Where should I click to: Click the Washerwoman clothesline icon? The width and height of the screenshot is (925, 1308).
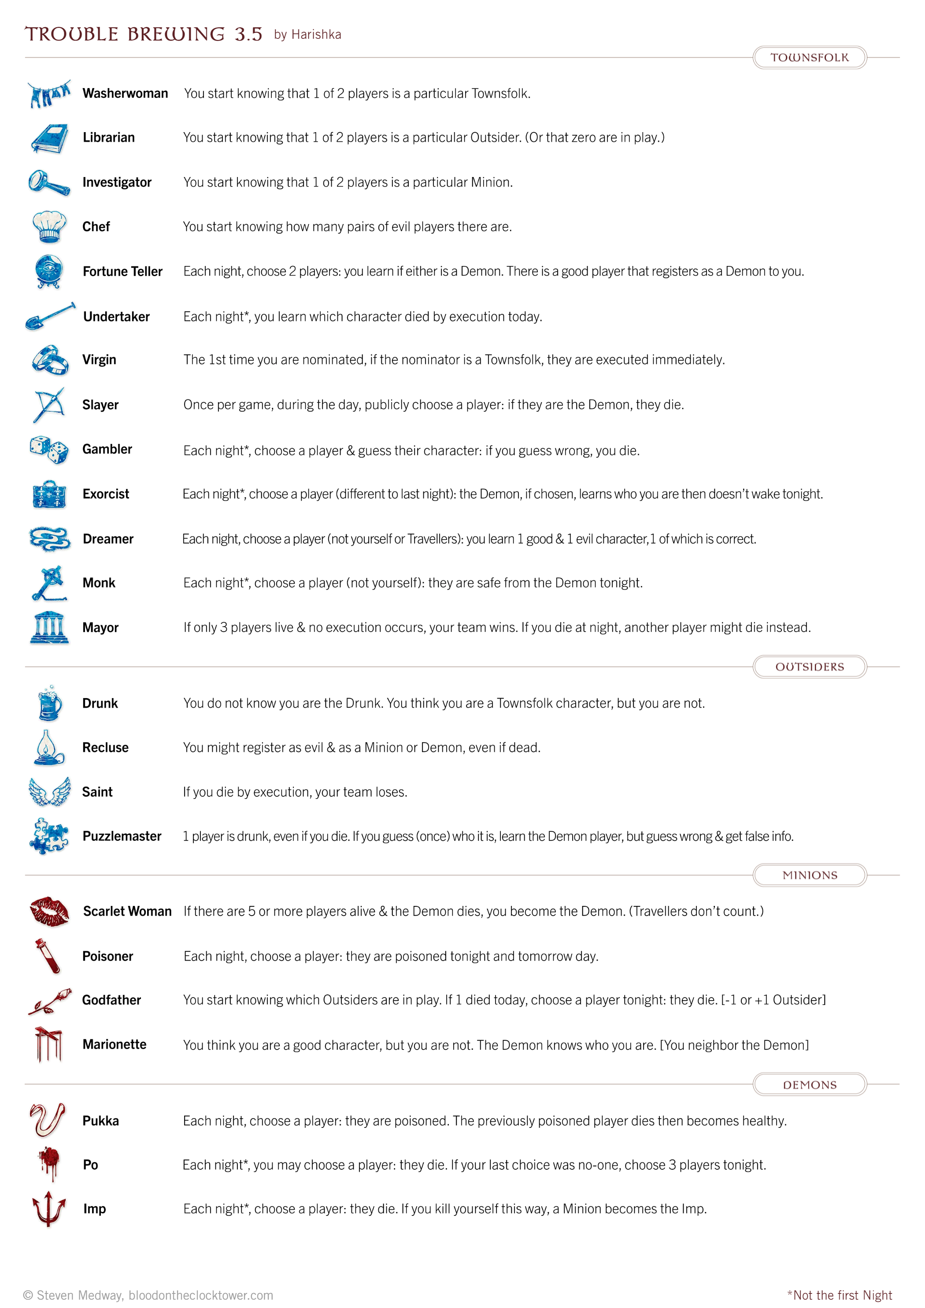click(49, 93)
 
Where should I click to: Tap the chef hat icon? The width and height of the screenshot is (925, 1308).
click(49, 226)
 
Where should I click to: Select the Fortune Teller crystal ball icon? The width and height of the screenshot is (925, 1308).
click(48, 271)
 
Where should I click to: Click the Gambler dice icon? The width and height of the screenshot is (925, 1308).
click(49, 450)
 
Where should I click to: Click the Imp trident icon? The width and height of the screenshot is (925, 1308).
click(49, 1208)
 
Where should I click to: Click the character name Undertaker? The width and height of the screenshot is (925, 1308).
click(116, 317)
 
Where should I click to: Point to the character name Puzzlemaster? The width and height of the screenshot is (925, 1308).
click(122, 836)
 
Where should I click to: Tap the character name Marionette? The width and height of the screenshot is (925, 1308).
click(115, 1044)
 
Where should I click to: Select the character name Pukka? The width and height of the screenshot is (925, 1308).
click(101, 1120)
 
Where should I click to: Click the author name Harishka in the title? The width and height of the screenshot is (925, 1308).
click(316, 35)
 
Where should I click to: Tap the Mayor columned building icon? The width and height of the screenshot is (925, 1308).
click(49, 627)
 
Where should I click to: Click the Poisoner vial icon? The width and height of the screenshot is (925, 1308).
click(48, 956)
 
